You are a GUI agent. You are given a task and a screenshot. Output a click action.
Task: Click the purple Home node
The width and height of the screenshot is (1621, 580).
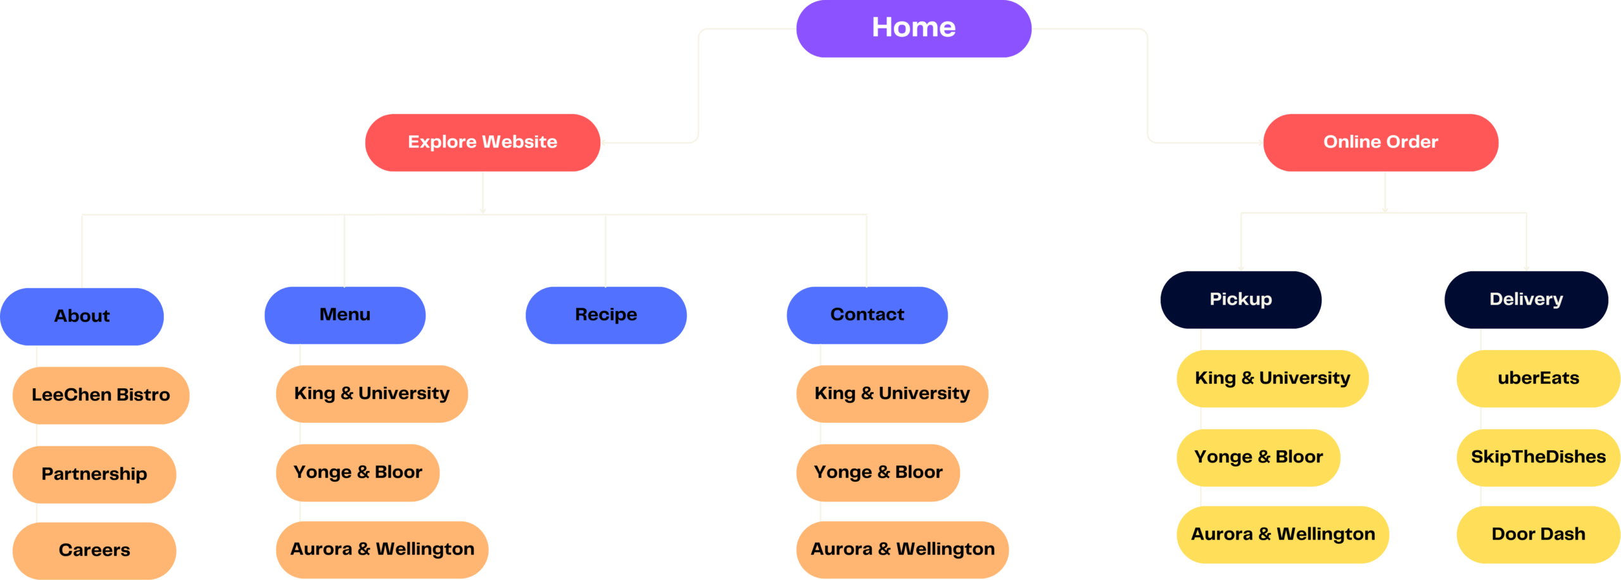[x=913, y=28]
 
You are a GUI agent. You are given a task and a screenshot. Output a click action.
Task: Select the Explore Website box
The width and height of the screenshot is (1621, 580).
[x=483, y=142]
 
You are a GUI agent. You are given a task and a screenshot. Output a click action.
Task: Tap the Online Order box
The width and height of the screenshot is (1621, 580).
[x=1380, y=142]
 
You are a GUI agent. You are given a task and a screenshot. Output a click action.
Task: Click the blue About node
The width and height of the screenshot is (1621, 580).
[x=82, y=316]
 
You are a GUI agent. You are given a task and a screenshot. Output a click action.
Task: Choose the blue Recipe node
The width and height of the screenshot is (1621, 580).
[x=606, y=315]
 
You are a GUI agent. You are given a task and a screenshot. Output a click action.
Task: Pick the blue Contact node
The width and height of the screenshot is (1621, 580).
[x=867, y=315]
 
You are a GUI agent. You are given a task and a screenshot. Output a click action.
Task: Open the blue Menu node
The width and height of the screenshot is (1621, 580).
[x=345, y=315]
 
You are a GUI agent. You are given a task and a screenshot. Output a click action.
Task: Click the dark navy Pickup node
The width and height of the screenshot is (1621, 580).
[x=1240, y=299]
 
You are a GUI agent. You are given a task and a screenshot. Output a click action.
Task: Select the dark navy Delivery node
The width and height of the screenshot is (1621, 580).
[x=1526, y=299]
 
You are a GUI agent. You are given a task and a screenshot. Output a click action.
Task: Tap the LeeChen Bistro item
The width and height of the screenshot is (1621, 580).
[x=101, y=395]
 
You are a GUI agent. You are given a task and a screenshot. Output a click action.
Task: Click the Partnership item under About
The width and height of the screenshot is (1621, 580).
[x=94, y=474]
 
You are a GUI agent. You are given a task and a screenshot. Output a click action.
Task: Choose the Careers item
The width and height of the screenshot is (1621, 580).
[x=94, y=550]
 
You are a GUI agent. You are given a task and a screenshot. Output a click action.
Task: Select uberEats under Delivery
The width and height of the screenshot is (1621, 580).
[x=1538, y=379]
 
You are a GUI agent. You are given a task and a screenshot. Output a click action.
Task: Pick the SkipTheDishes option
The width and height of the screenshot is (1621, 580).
[x=1538, y=457]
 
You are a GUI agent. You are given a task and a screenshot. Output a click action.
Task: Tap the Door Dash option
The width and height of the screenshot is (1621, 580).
[x=1538, y=534]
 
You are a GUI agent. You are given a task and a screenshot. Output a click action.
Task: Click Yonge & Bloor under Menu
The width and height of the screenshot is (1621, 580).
[x=358, y=472]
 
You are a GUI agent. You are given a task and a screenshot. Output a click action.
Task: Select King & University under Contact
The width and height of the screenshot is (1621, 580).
[x=892, y=394]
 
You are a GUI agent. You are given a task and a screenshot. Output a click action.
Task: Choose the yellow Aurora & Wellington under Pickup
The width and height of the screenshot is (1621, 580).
[x=1283, y=534]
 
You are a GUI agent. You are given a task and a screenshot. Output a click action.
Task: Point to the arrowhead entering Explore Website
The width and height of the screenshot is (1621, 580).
[x=603, y=143]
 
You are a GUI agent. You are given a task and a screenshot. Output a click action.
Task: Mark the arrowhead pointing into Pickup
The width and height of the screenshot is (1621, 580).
[x=1241, y=268]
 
